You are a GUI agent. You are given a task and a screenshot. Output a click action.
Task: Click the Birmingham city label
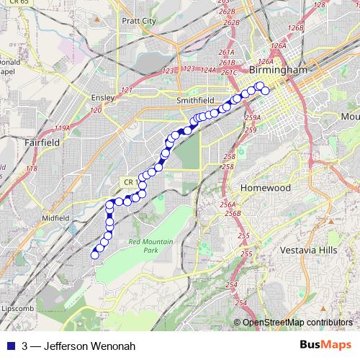coord(277,71)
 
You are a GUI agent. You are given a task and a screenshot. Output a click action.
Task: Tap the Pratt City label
coord(140,21)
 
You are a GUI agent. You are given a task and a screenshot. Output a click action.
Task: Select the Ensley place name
coord(98,96)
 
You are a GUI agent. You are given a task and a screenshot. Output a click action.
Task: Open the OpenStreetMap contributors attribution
coord(297,322)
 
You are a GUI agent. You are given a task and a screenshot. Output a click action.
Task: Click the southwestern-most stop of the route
coord(94,254)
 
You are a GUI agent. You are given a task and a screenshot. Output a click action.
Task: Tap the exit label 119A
coord(63,128)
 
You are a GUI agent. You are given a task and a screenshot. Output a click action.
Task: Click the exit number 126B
coord(294,27)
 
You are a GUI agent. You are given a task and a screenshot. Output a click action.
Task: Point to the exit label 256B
coord(232,213)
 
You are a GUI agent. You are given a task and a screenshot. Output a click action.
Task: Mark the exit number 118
coord(31,168)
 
